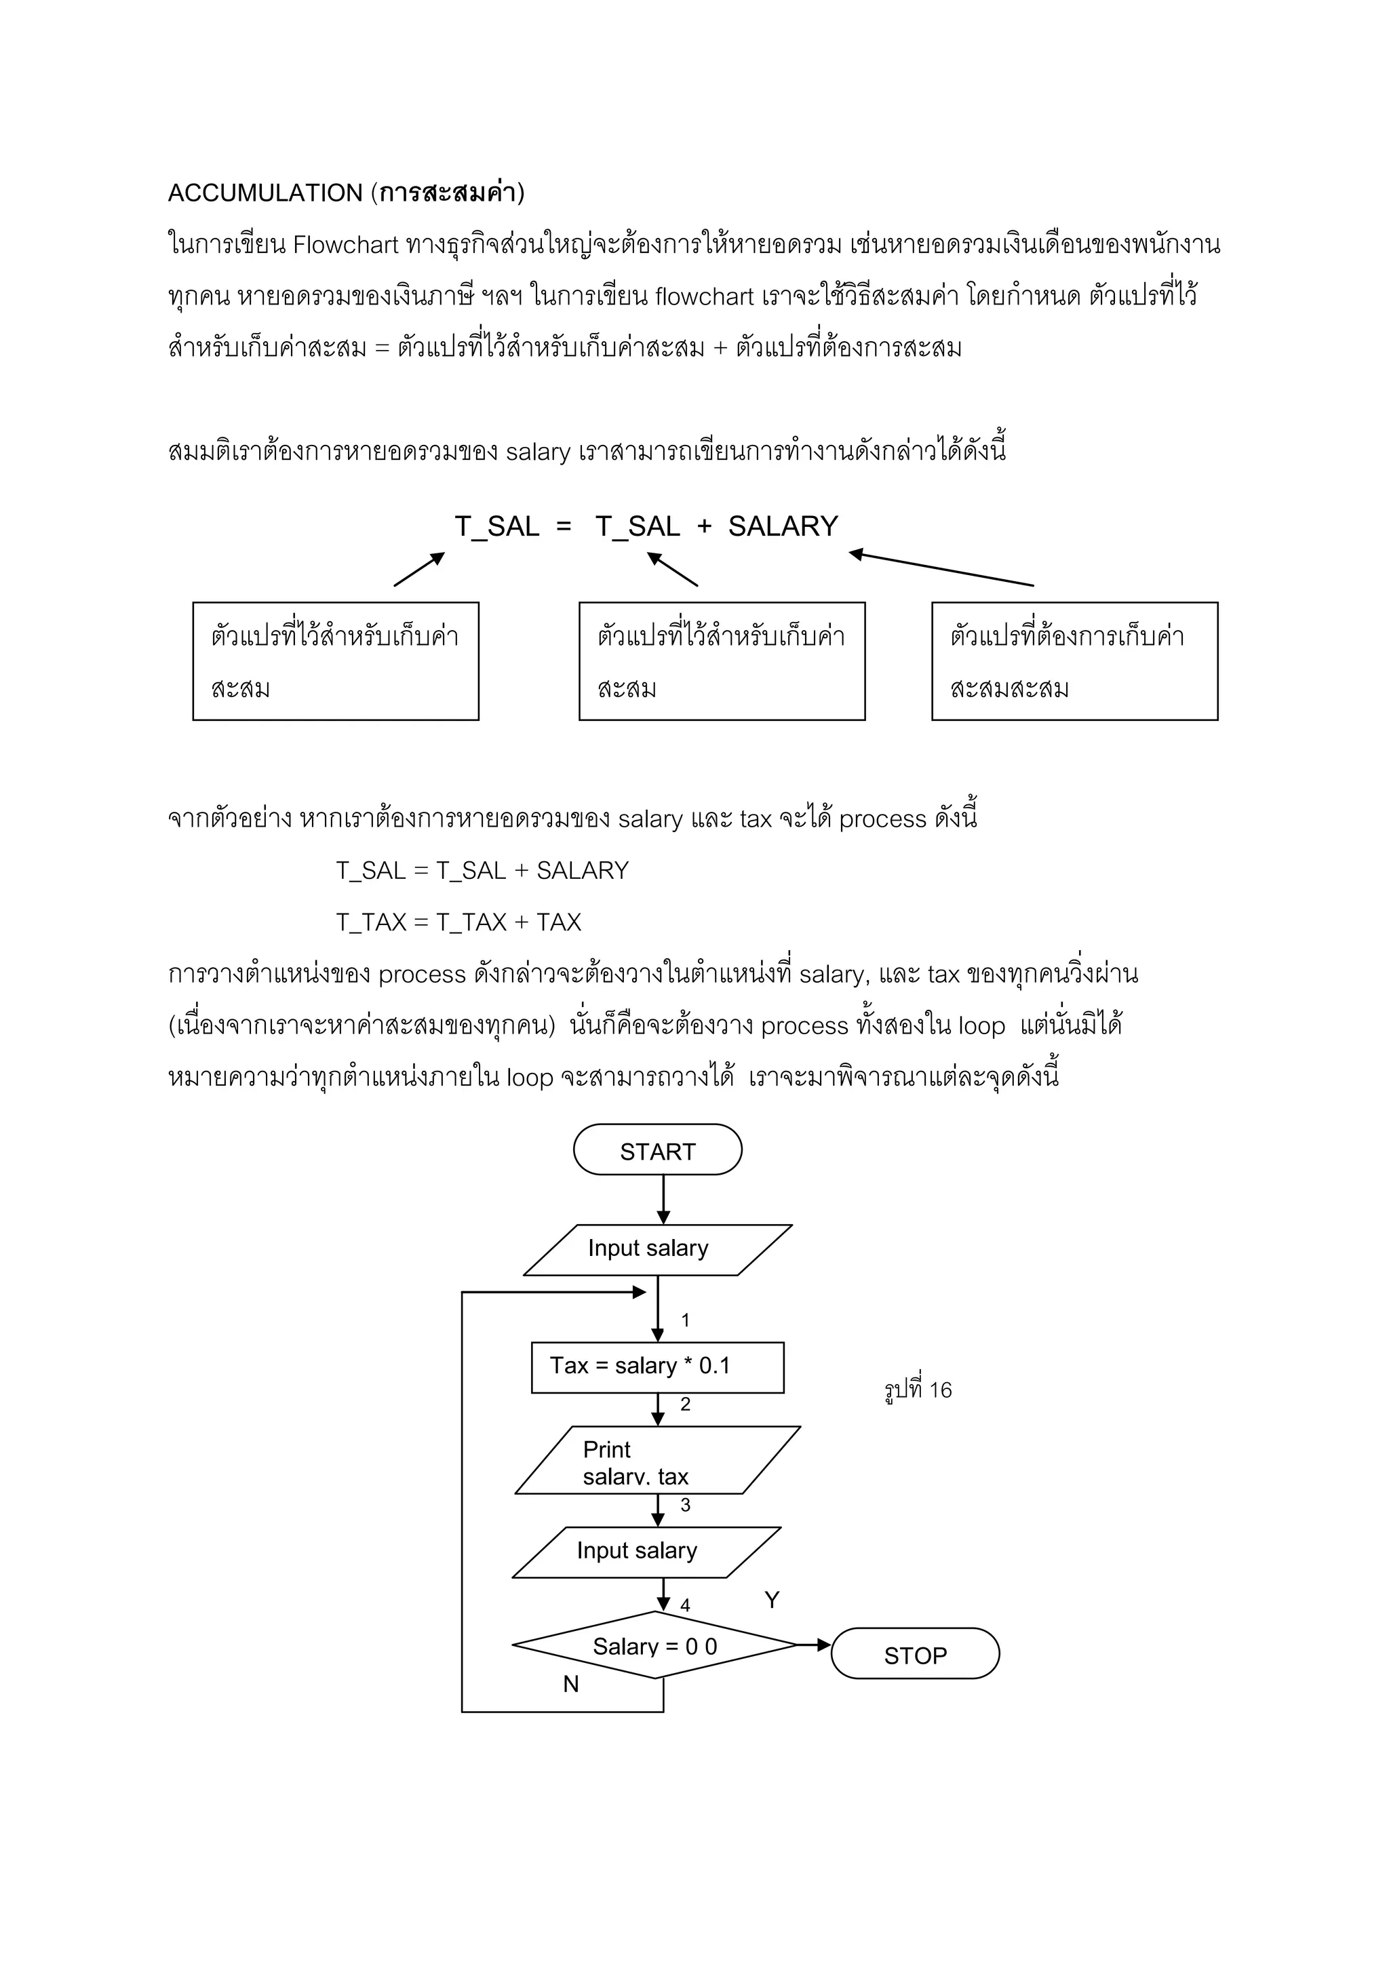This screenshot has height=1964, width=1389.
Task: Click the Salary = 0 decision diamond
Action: coord(655,1646)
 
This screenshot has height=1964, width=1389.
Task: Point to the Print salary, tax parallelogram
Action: coord(657,1461)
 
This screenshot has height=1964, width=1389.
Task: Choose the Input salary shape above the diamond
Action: coord(646,1551)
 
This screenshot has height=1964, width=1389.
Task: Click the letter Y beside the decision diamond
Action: coord(771,1600)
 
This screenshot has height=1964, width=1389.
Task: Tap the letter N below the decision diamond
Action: coord(570,1683)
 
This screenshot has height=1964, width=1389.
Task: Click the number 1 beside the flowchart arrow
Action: coord(685,1320)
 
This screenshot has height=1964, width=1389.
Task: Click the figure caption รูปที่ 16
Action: coord(918,1390)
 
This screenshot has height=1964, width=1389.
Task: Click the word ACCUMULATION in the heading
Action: coord(265,193)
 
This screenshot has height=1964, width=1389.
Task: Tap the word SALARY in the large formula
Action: coord(783,526)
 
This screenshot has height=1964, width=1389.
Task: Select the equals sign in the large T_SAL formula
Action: coord(564,526)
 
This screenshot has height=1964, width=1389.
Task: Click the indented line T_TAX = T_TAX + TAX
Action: coord(458,922)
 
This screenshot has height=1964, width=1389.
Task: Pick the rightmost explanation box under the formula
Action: coord(1074,661)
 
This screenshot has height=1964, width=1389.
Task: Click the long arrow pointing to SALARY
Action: coord(941,570)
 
